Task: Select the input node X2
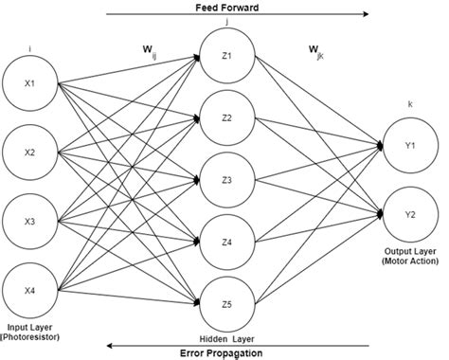(30, 152)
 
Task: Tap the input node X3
(30, 222)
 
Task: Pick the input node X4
(30, 292)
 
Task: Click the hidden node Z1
(226, 55)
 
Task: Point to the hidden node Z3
(226, 178)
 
